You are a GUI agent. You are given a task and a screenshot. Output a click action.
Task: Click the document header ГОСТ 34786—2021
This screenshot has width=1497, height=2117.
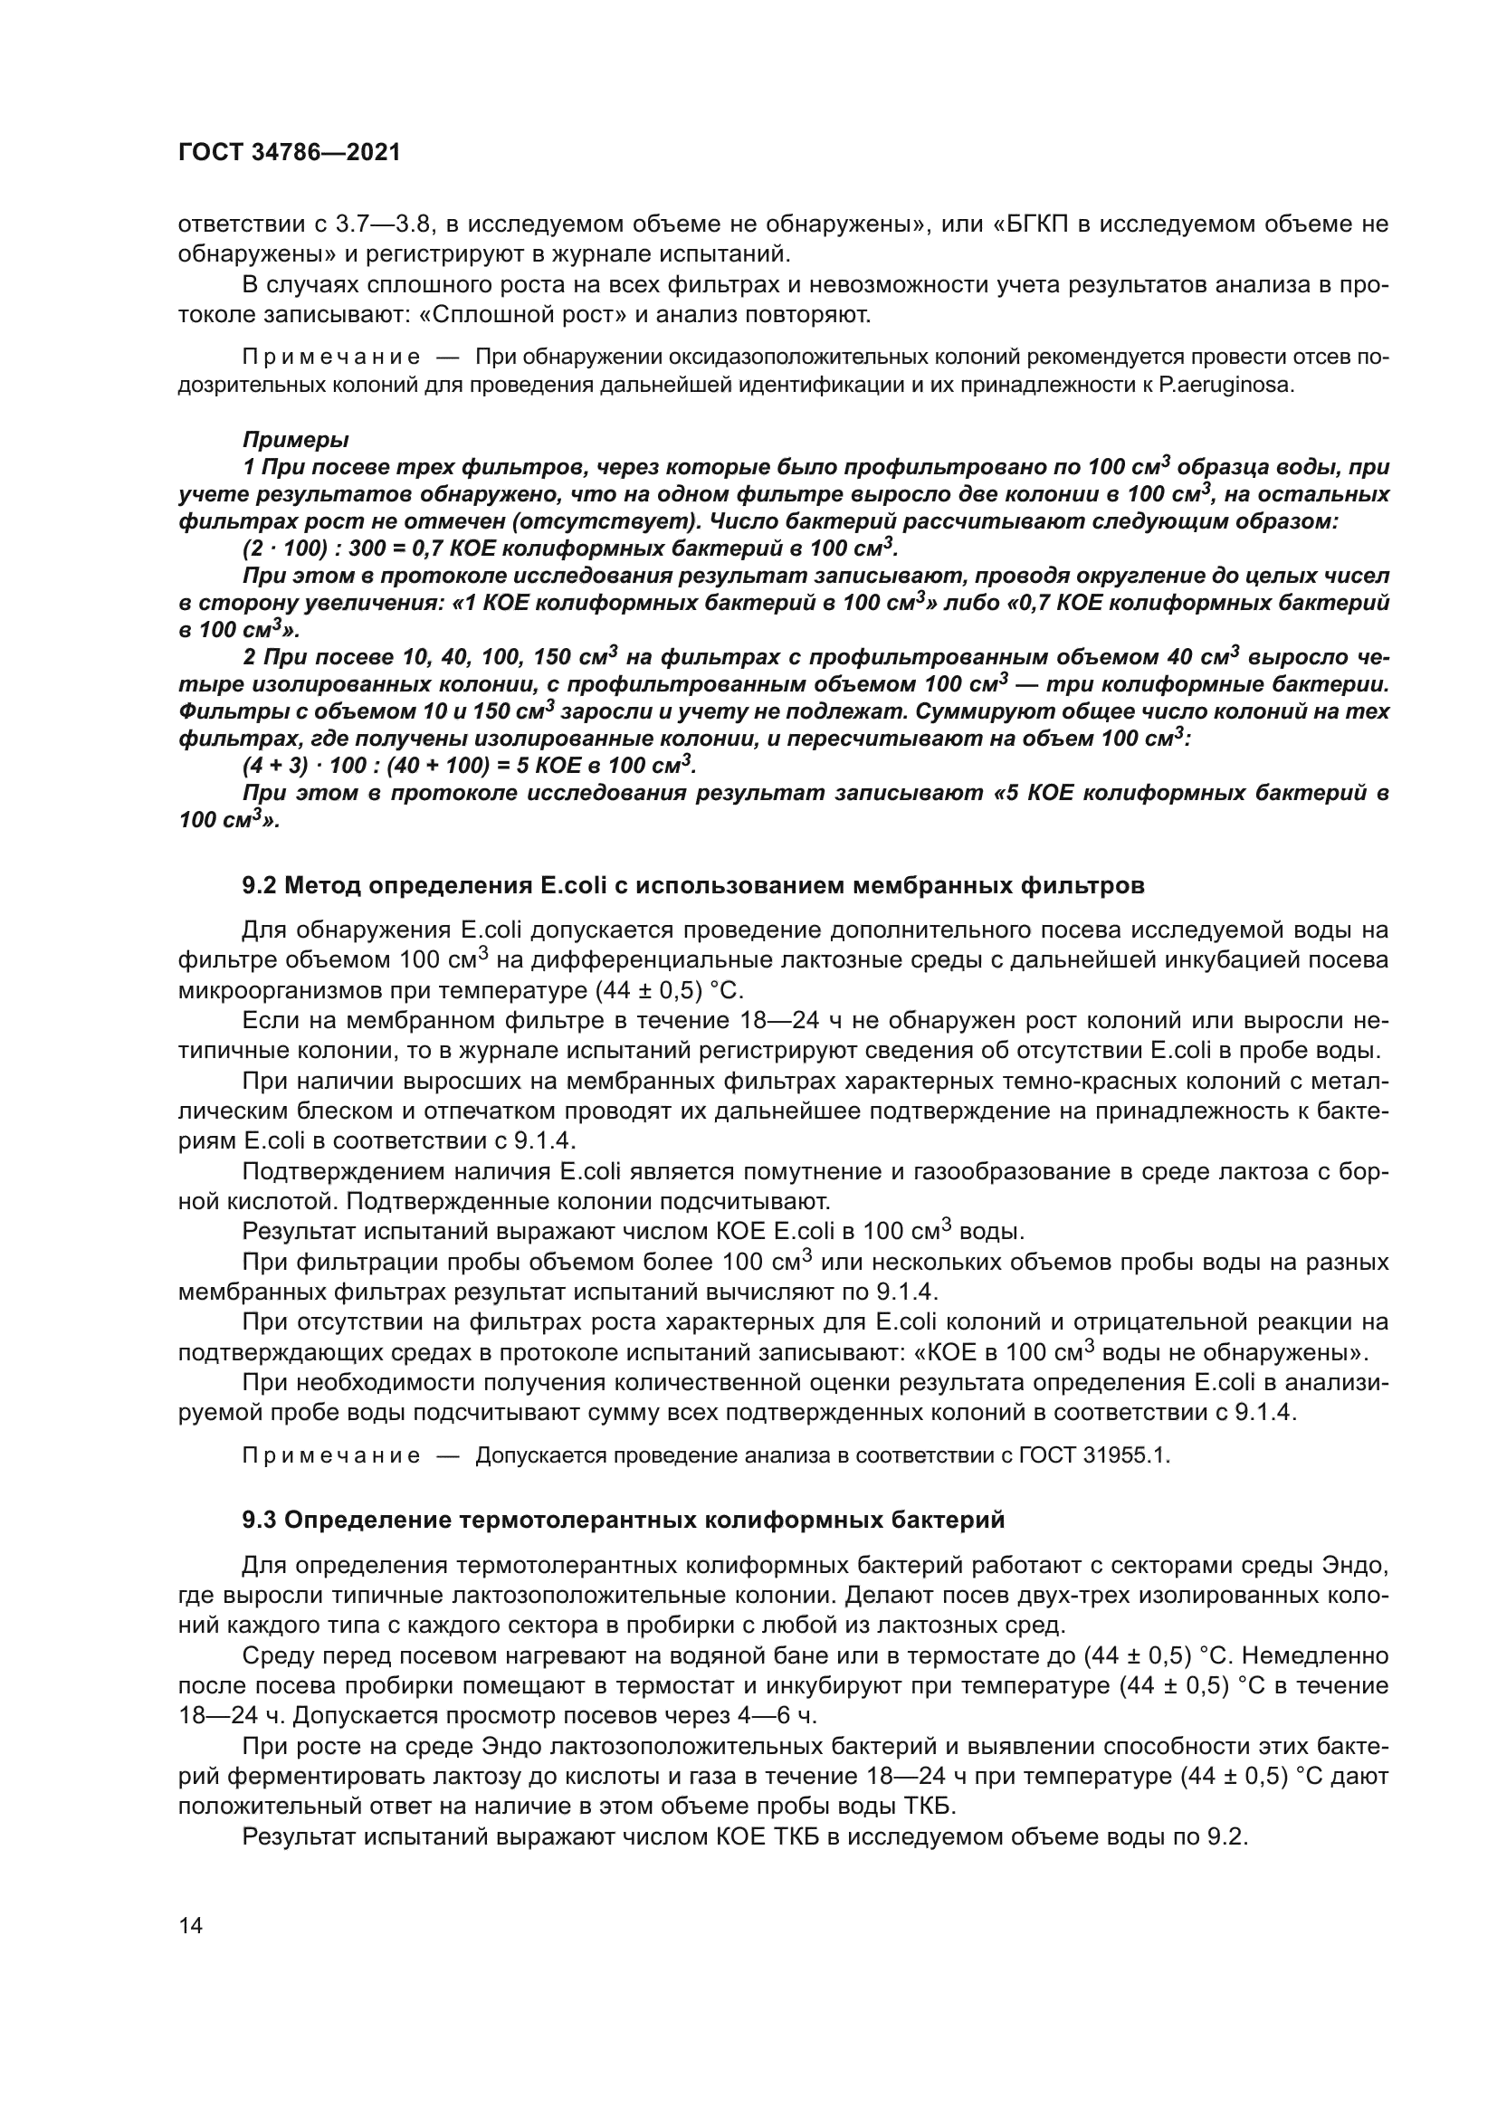[x=290, y=153]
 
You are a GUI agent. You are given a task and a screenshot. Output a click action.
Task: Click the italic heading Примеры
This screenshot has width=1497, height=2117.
[x=295, y=440]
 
